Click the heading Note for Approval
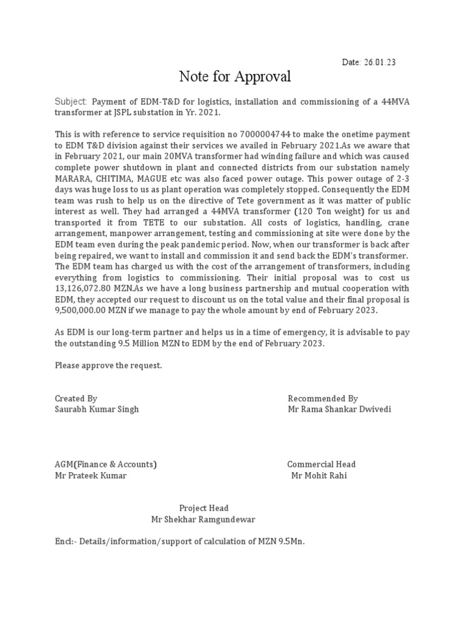point(235,77)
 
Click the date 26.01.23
point(380,62)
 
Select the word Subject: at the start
point(71,102)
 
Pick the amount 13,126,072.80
point(88,289)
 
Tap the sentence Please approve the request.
point(108,366)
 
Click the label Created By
point(76,398)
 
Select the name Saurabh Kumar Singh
point(97,409)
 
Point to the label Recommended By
point(323,398)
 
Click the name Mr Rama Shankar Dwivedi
point(340,409)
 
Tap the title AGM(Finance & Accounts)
point(106,464)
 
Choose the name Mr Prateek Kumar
point(91,475)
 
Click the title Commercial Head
point(322,464)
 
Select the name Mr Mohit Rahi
point(319,475)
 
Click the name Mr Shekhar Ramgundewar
point(203,519)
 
